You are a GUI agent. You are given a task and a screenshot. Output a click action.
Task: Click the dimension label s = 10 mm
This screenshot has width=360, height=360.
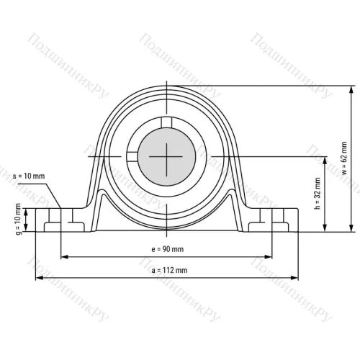click(x=28, y=176)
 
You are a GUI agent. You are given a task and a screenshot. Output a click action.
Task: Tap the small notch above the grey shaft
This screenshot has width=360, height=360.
click(x=166, y=122)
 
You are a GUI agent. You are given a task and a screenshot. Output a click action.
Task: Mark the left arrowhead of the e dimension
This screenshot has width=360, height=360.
click(x=64, y=256)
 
